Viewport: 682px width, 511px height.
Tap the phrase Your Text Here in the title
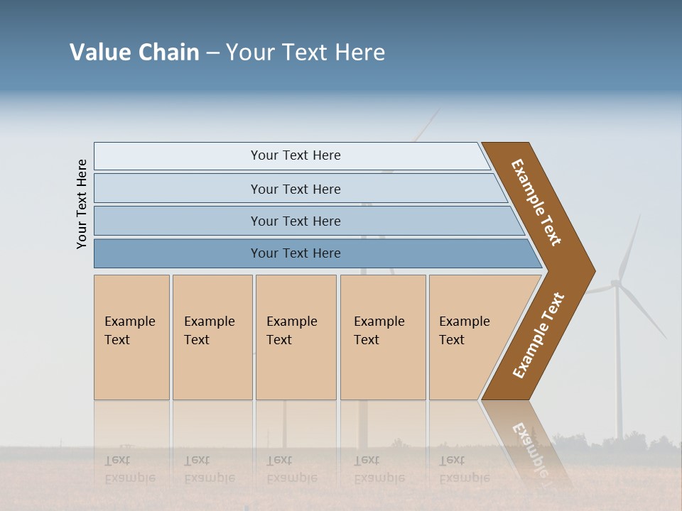(x=305, y=53)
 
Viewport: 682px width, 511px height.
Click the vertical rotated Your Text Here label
(x=82, y=204)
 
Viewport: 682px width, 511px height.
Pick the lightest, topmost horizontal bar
(x=296, y=155)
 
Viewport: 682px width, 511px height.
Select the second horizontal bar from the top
(x=296, y=189)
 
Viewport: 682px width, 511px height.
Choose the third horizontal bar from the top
(x=296, y=221)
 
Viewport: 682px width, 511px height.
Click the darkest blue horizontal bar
(x=296, y=253)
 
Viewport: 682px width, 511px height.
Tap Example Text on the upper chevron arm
(x=537, y=202)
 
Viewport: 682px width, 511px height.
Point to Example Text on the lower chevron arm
(x=539, y=335)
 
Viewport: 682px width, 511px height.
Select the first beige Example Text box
(x=131, y=337)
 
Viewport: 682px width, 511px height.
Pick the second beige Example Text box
(x=212, y=337)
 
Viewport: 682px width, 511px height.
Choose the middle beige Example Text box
(x=296, y=337)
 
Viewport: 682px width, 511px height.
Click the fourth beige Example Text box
(x=383, y=337)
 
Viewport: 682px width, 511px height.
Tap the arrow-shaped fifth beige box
(x=472, y=337)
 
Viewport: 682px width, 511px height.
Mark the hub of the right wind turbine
(x=615, y=285)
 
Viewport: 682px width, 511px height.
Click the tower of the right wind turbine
(x=618, y=369)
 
